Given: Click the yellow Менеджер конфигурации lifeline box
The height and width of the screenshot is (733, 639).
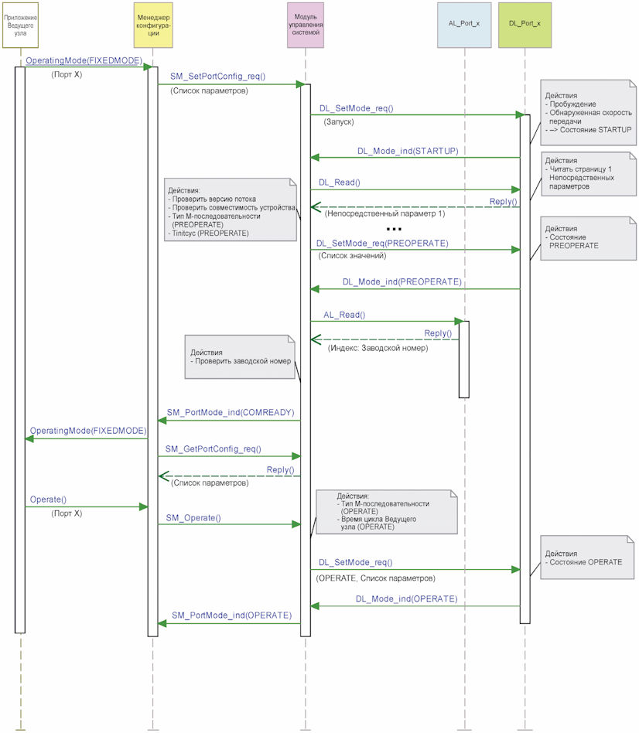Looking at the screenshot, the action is tap(153, 26).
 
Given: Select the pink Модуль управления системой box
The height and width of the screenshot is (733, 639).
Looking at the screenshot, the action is tap(306, 26).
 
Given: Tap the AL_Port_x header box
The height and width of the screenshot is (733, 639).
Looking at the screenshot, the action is tap(464, 26).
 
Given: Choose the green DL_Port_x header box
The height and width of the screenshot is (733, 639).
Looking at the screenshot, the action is tap(525, 26).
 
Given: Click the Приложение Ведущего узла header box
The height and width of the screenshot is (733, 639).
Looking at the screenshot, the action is tap(20, 26).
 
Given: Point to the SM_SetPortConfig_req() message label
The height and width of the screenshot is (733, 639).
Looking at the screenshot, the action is tap(217, 77).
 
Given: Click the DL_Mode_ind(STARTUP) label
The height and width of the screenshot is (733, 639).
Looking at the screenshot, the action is tap(408, 151).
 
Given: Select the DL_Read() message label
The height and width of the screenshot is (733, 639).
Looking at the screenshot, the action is tap(339, 182).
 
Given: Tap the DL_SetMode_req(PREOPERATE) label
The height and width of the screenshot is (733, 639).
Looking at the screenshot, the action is tap(382, 243).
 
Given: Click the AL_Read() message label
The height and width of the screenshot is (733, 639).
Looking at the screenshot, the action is tap(344, 315).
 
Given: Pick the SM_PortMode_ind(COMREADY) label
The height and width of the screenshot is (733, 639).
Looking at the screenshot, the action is tap(231, 412).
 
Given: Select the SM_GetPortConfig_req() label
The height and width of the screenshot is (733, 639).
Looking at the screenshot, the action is tap(214, 448).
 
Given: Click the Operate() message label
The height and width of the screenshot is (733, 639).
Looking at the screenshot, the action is tap(48, 499).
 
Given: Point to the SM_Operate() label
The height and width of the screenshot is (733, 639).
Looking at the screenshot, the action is tap(193, 517).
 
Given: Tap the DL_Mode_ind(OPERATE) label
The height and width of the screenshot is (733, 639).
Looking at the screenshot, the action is tap(406, 598).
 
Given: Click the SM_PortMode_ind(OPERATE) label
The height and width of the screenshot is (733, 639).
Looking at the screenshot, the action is tap(231, 615).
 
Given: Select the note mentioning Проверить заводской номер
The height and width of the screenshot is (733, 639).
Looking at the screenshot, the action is tap(240, 356).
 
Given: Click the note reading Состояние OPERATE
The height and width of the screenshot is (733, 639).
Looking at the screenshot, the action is tap(588, 557).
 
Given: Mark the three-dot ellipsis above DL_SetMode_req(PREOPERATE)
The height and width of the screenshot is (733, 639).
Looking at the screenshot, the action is tap(394, 229).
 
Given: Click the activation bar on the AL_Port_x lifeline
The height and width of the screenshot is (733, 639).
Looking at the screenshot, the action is tap(464, 360).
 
